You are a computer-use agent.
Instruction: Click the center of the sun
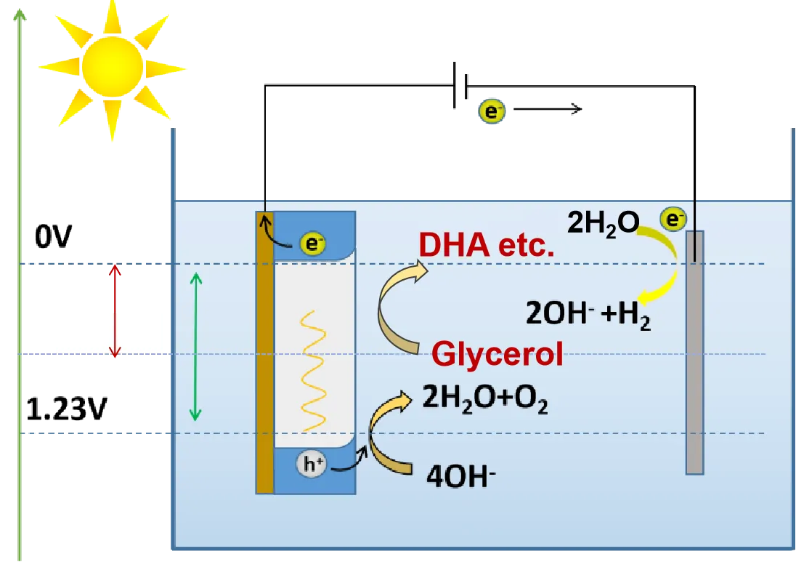(x=112, y=66)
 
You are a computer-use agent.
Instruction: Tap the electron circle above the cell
(x=491, y=111)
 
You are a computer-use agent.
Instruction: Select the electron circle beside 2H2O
(x=673, y=219)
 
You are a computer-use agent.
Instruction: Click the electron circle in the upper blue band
(x=312, y=244)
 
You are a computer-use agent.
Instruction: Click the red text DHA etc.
(x=487, y=246)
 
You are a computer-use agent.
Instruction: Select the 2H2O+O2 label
(x=485, y=400)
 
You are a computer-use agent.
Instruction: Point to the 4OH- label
(x=461, y=479)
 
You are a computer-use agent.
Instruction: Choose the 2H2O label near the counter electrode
(x=603, y=223)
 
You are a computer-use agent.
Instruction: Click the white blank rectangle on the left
(x=107, y=329)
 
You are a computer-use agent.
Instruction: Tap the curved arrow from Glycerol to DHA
(x=392, y=313)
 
